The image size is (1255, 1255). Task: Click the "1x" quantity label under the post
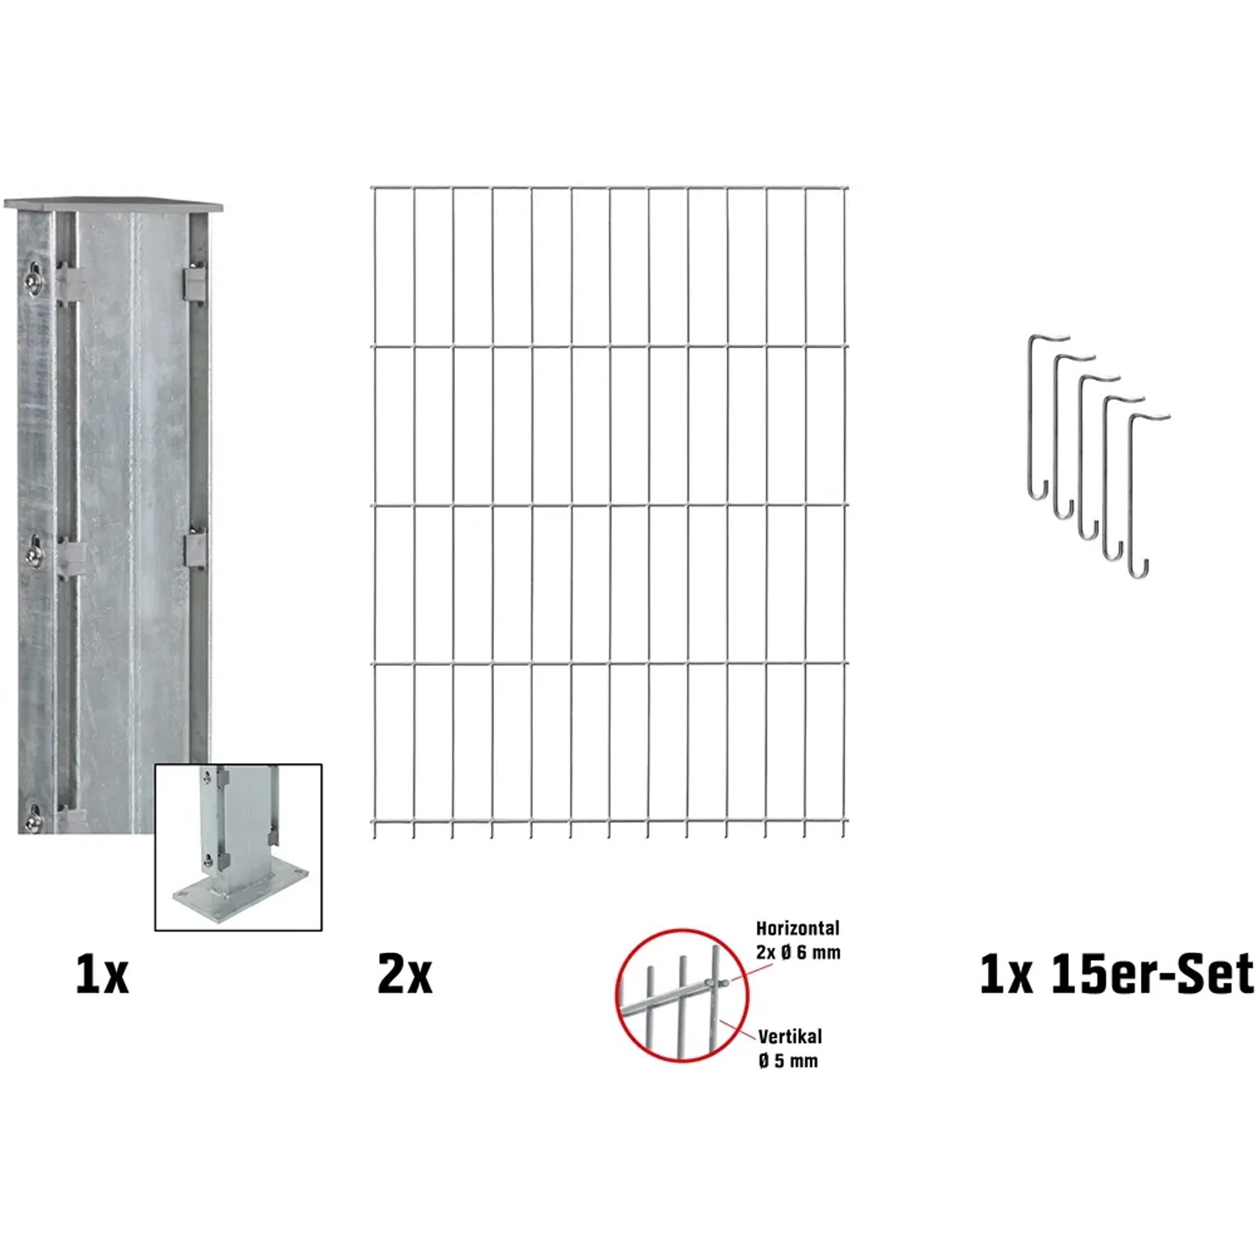point(102,974)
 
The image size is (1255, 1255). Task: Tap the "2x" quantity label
point(405,974)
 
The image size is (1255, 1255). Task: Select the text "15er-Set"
point(1152,974)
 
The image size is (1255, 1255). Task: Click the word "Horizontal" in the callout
point(797,928)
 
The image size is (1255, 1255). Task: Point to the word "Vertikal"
point(790,1037)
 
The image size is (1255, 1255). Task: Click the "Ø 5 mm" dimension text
point(788,1061)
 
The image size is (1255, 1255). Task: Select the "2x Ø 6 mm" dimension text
point(798,952)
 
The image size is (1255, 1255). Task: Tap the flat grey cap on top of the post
point(114,204)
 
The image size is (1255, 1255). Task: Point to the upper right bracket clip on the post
point(194,280)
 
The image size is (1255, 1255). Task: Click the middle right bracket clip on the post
point(194,548)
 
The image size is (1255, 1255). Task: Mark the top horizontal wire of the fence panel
point(609,187)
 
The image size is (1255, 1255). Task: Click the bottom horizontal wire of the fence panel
point(609,822)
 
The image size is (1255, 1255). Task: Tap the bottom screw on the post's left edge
point(34,819)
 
